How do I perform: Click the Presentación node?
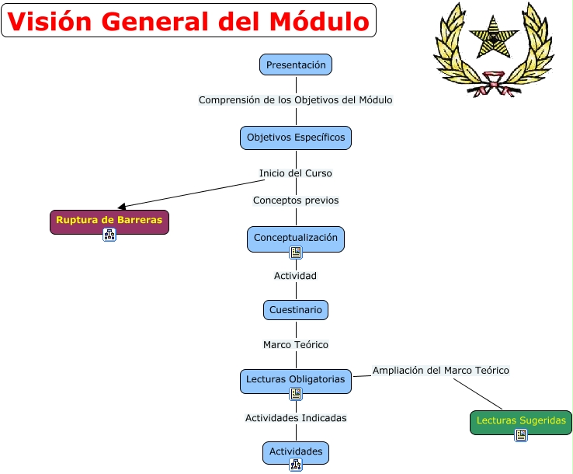click(x=296, y=65)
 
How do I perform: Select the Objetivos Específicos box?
click(x=296, y=138)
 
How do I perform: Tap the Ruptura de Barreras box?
click(x=109, y=220)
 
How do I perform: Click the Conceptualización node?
click(x=296, y=237)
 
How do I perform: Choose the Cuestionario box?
click(x=296, y=310)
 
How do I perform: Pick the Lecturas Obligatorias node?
click(x=296, y=379)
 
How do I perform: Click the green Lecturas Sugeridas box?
click(x=521, y=420)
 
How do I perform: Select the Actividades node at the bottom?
click(x=296, y=451)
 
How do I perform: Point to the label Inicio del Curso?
click(x=296, y=173)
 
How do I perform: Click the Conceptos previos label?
click(x=296, y=200)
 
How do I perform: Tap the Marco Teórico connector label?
click(x=296, y=344)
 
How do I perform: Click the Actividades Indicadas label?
click(x=296, y=418)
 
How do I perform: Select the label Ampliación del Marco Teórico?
click(x=441, y=371)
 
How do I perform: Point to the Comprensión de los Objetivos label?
click(x=296, y=100)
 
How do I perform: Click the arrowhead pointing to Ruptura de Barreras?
click(x=121, y=207)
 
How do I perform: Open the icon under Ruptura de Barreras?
click(x=109, y=235)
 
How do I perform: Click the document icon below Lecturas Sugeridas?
click(x=521, y=435)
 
